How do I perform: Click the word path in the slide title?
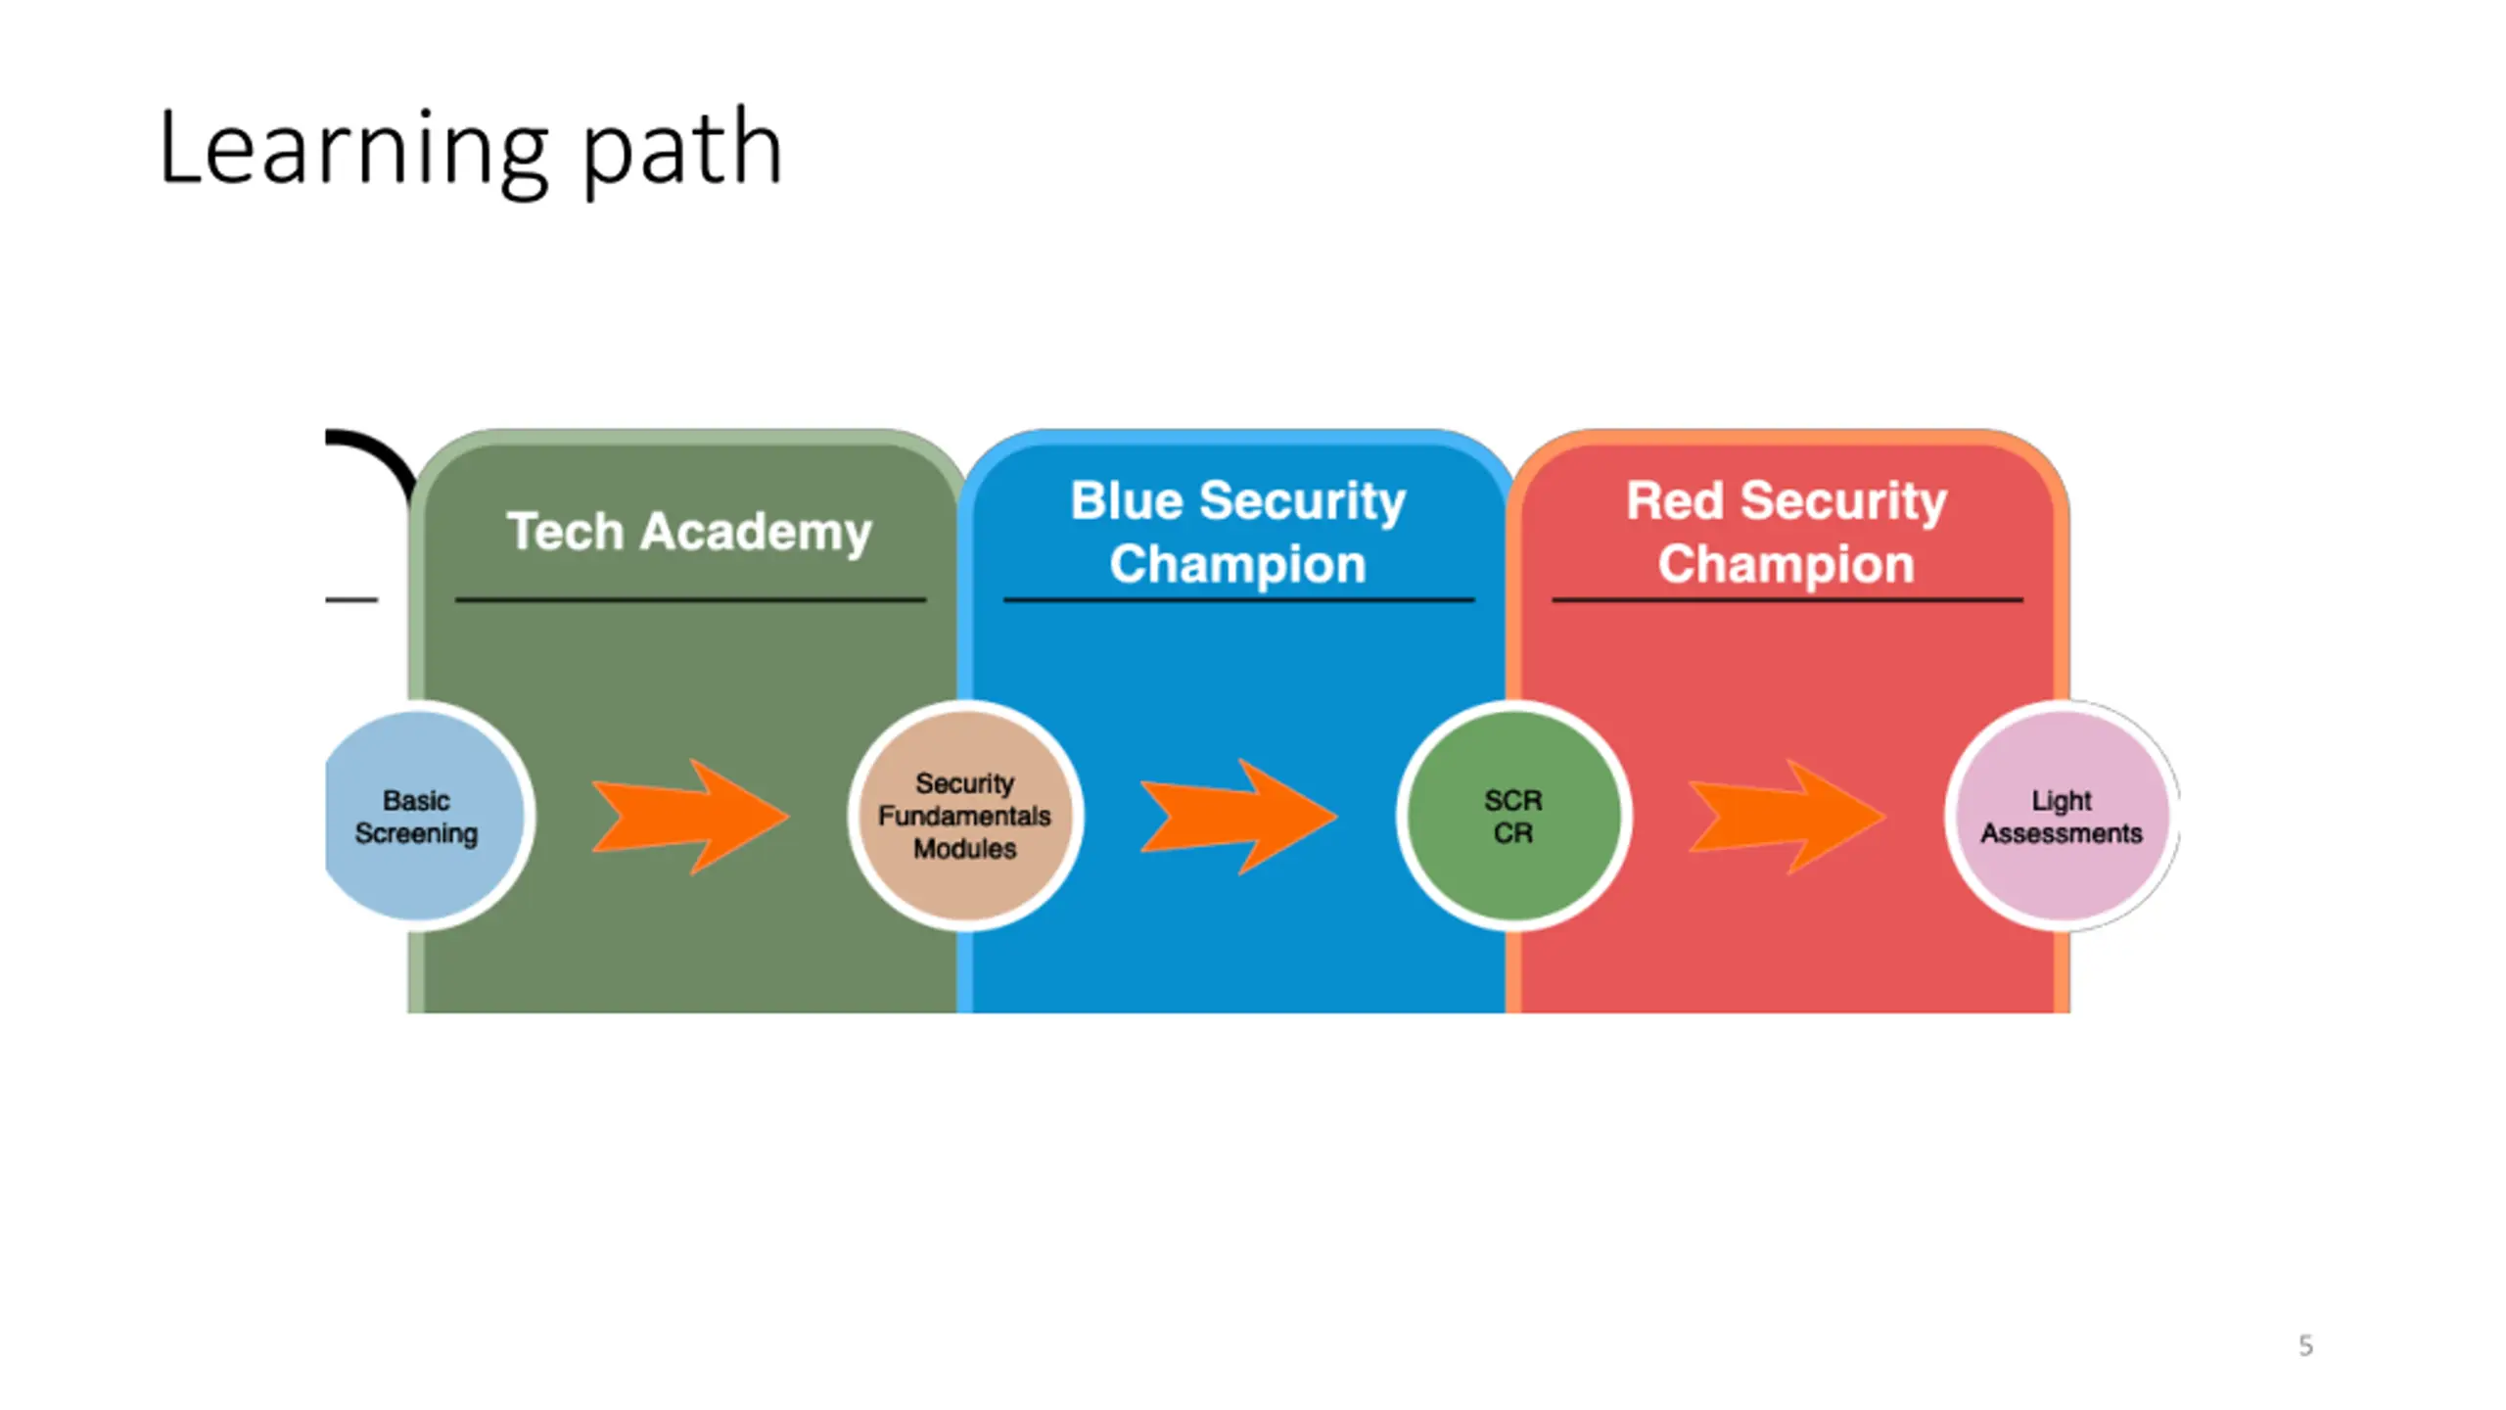click(682, 151)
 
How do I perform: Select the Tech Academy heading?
click(689, 533)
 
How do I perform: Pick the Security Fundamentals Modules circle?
click(965, 816)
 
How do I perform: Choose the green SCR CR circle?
click(1513, 816)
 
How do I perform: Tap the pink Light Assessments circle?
click(2062, 816)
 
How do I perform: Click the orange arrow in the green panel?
click(690, 817)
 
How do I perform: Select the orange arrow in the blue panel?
click(1238, 817)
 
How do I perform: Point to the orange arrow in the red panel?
click(1787, 817)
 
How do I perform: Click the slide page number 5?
click(2305, 1345)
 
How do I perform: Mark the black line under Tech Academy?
click(690, 599)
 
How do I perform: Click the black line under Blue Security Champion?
click(1238, 599)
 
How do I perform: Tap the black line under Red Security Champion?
click(1787, 599)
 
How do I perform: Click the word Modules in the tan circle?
click(965, 848)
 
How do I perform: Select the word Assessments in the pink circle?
click(2062, 833)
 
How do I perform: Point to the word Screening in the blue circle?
click(416, 834)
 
